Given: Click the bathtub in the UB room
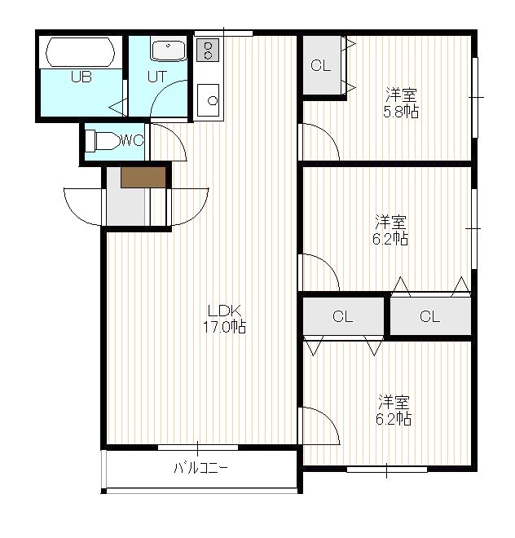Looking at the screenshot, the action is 81,52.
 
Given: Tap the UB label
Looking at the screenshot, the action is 81,77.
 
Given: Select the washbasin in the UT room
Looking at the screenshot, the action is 169,51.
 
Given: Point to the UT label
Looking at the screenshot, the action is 157,77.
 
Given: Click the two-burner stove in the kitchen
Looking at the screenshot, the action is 208,50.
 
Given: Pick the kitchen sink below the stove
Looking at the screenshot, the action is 209,100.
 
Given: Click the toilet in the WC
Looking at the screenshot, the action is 102,141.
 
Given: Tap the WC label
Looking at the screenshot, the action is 132,140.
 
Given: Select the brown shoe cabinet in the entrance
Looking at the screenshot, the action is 143,178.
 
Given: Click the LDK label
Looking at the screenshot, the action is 225,311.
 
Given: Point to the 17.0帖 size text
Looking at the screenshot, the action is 224,327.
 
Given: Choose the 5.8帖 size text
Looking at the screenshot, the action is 401,112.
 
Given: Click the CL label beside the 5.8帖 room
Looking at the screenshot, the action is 320,65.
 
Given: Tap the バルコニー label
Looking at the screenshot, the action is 200,468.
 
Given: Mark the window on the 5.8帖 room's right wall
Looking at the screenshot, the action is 475,98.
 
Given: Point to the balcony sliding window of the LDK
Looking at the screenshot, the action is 198,448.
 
